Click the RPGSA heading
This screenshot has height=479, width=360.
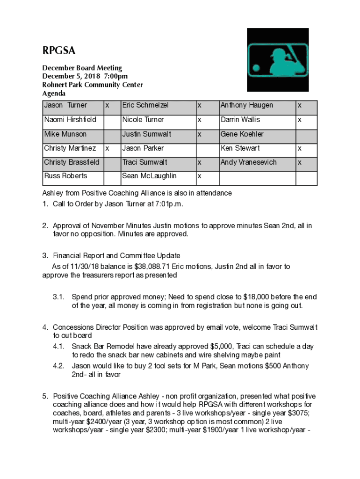coord(59,51)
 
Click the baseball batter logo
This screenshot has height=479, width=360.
coord(278,59)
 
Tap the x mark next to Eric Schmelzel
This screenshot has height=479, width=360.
coord(200,106)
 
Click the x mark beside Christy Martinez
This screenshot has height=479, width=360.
coord(107,148)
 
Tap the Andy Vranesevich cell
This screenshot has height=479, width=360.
coord(248,162)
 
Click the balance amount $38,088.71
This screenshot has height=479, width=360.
coord(151,267)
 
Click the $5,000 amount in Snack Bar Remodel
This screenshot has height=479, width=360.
coord(219,347)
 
